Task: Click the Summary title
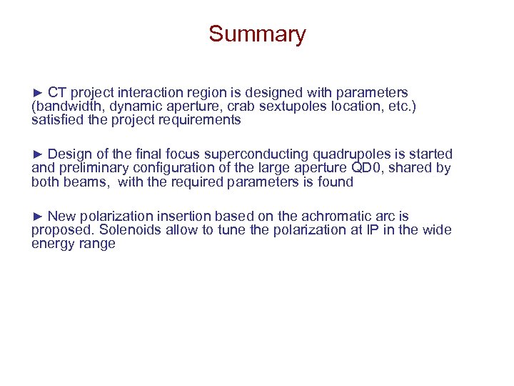coord(257,34)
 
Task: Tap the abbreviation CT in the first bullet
coord(57,92)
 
